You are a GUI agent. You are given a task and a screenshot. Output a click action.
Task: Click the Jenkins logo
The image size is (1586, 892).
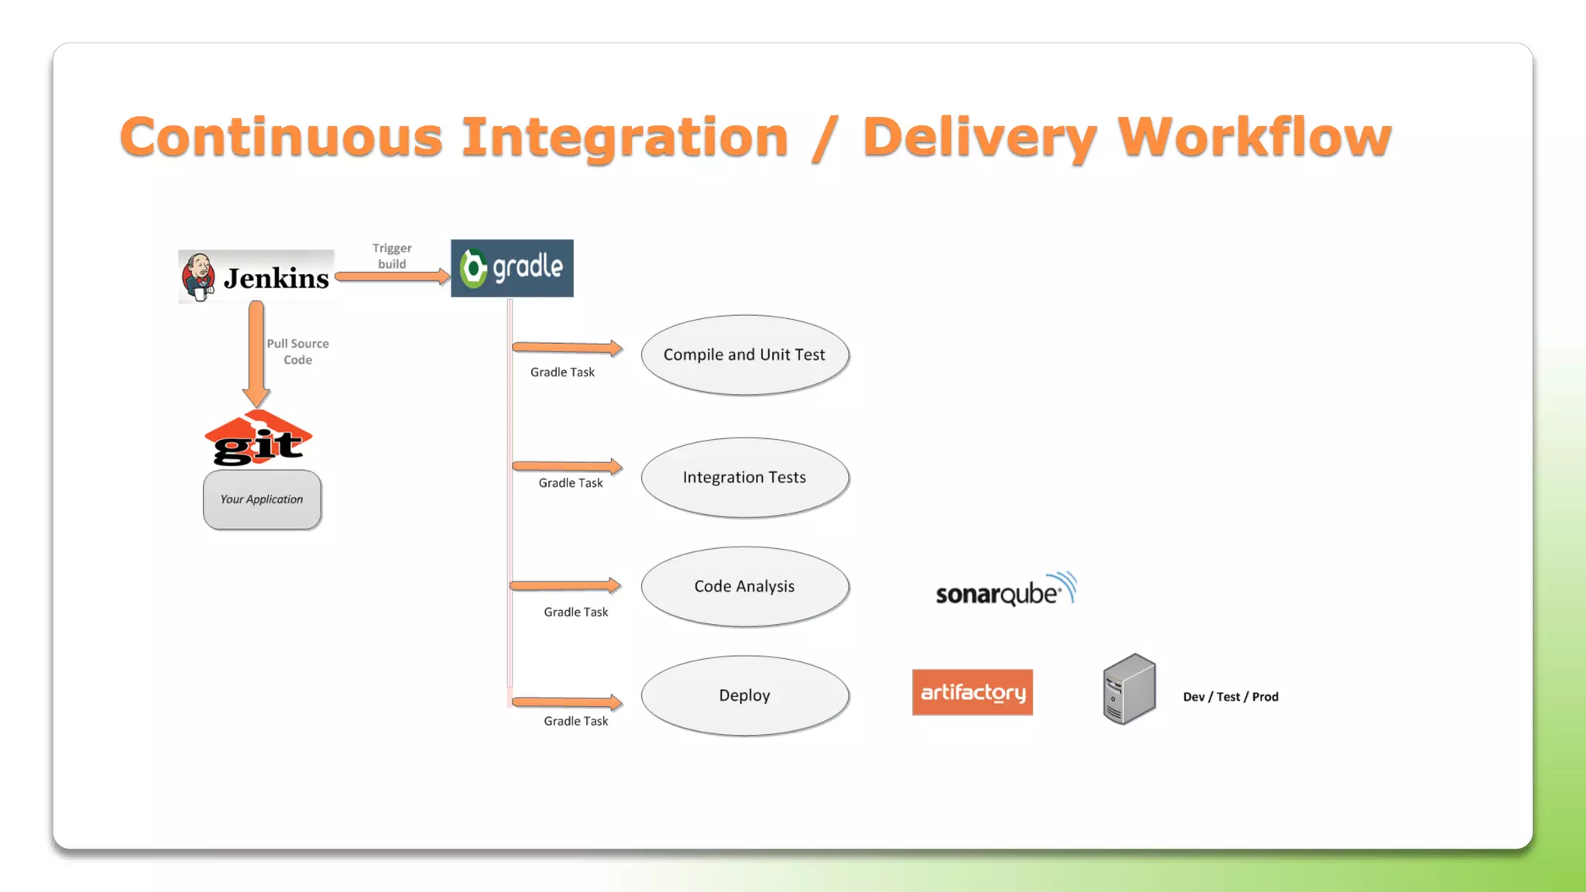coord(256,277)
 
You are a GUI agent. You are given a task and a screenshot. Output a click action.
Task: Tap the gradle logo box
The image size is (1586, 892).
coord(512,268)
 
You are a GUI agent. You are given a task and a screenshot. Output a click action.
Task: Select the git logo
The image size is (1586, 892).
coord(258,440)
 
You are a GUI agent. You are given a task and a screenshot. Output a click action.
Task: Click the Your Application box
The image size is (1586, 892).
coord(262,499)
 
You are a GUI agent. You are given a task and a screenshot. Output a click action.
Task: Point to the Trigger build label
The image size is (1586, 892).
coord(392,256)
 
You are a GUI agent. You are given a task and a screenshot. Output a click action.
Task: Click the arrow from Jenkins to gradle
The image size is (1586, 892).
coord(392,276)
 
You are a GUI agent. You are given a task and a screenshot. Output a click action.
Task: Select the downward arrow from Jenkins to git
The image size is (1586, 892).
coord(256,352)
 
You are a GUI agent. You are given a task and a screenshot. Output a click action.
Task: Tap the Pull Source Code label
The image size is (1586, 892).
coord(298,352)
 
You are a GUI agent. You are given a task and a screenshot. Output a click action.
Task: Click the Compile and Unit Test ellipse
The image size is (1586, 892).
coord(744,355)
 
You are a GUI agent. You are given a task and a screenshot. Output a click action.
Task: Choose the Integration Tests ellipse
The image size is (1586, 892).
coord(744,478)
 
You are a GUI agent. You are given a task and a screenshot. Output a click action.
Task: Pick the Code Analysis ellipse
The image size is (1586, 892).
coord(744,586)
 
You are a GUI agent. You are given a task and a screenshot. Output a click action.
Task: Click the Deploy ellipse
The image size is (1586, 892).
coord(744,695)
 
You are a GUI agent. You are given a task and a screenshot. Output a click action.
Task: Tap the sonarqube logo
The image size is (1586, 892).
coord(1005,591)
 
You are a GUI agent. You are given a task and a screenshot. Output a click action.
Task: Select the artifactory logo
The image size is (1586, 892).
coord(972,692)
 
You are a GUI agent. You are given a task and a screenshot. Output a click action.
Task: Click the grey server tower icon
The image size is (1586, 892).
coord(1129,689)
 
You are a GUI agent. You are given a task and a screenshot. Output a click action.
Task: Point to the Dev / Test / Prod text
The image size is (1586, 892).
coord(1231,697)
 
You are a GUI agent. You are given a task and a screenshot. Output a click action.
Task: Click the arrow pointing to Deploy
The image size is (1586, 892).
coord(567,702)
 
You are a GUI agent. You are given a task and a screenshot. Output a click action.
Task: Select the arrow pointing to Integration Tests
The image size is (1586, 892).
coord(567,466)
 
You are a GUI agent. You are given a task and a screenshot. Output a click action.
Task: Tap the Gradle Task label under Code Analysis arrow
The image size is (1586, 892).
coord(575,612)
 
